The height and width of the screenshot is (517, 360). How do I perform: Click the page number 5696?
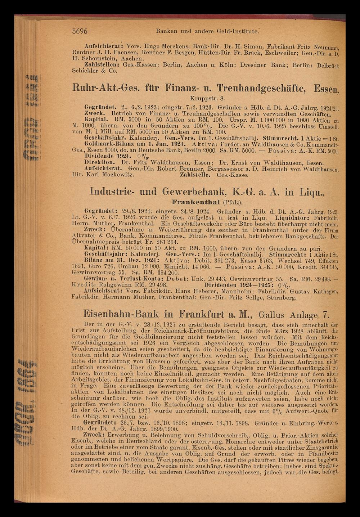(x=80, y=31)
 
